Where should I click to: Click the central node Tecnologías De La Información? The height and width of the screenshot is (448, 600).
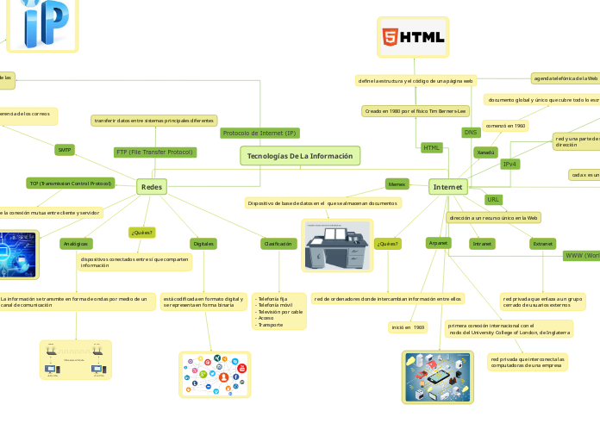click(300, 156)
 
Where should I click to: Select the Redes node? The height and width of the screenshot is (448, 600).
click(152, 187)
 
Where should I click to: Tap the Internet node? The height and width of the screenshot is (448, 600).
click(447, 187)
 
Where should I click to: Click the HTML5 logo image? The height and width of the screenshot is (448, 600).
click(414, 38)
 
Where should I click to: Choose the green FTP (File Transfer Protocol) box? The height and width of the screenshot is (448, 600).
click(154, 152)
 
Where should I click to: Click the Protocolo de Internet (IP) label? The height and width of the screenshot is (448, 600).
click(259, 133)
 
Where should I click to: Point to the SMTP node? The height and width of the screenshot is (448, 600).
click(65, 150)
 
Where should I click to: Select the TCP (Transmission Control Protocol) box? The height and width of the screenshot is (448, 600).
click(70, 184)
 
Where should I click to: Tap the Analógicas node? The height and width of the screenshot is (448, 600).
click(76, 244)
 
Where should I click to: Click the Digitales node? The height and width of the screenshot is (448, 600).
click(203, 244)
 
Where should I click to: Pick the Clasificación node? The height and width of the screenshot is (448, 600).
click(278, 244)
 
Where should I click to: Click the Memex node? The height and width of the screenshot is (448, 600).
click(397, 184)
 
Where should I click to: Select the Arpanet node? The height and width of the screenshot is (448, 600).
click(439, 244)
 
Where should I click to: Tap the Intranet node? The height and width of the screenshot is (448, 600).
click(482, 244)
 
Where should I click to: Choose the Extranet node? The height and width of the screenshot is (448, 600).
click(543, 244)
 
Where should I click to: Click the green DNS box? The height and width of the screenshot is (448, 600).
click(471, 133)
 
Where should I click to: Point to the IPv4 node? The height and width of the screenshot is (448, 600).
click(510, 164)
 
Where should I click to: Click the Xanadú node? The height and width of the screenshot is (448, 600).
click(486, 152)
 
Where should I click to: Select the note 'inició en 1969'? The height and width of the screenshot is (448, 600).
click(408, 327)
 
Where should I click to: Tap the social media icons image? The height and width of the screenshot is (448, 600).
click(215, 375)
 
